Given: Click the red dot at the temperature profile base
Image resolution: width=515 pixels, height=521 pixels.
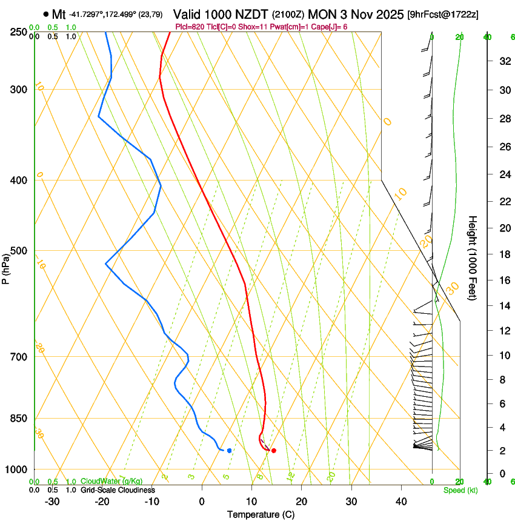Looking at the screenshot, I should click(274, 451).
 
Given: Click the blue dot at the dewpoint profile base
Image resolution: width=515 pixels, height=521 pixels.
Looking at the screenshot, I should click(229, 451).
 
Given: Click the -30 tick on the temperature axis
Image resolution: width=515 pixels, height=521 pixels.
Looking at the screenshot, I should click(52, 502).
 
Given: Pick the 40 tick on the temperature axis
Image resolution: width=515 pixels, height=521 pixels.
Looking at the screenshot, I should click(401, 502).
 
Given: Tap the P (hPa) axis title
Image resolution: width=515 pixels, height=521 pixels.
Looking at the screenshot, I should click(5, 267).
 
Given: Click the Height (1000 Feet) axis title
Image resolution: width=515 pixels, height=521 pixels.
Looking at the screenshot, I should click(473, 258).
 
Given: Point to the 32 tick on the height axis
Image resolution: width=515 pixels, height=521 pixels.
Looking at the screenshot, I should click(503, 61).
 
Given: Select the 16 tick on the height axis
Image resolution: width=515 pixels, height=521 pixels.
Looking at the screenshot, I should click(503, 280).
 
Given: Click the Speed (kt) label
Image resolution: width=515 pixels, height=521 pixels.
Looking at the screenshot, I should click(460, 490).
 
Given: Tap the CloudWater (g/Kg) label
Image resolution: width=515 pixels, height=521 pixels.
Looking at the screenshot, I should click(111, 482).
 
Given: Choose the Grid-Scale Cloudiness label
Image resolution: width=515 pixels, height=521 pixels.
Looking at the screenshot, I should click(118, 490).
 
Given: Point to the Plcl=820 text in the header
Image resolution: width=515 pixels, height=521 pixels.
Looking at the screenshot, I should click(189, 27).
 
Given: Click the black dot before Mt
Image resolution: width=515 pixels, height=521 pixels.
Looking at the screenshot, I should click(46, 14).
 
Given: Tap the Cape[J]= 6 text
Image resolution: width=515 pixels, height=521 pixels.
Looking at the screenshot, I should click(330, 27).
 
